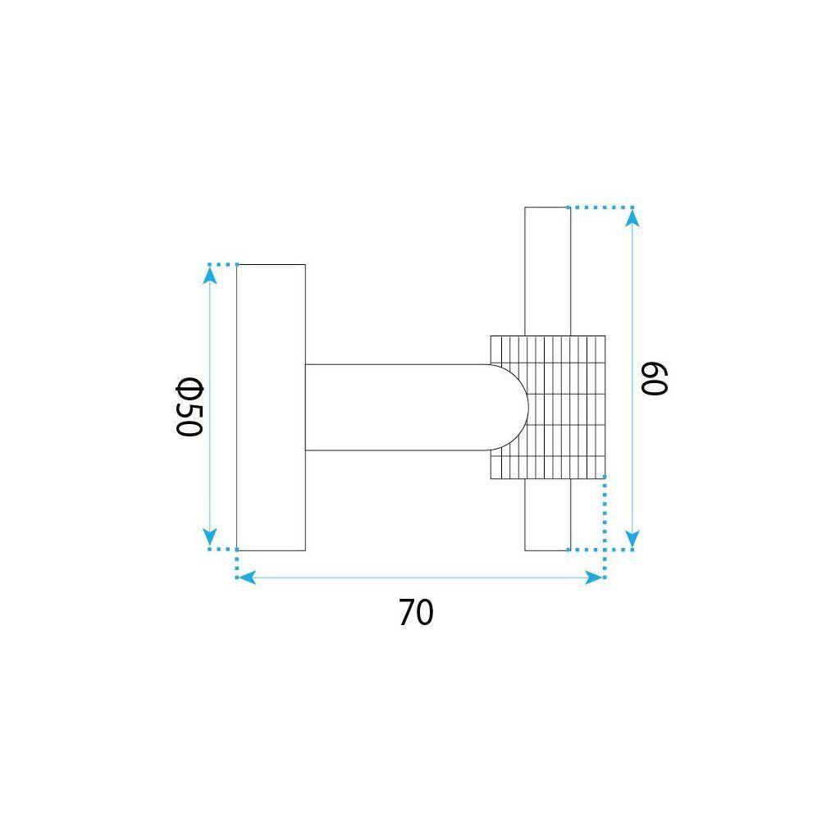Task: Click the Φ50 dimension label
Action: pyautogui.click(x=189, y=407)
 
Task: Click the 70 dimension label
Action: pyautogui.click(x=416, y=613)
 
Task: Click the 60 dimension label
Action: pyautogui.click(x=654, y=379)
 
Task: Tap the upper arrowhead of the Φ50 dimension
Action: pyautogui.click(x=210, y=274)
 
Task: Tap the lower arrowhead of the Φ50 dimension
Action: pyautogui.click(x=210, y=536)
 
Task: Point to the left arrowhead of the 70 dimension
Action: pyautogui.click(x=246, y=577)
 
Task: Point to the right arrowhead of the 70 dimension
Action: pyautogui.click(x=594, y=577)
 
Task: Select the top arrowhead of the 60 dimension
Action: pyautogui.click(x=632, y=218)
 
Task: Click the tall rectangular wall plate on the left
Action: pyautogui.click(x=271, y=407)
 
